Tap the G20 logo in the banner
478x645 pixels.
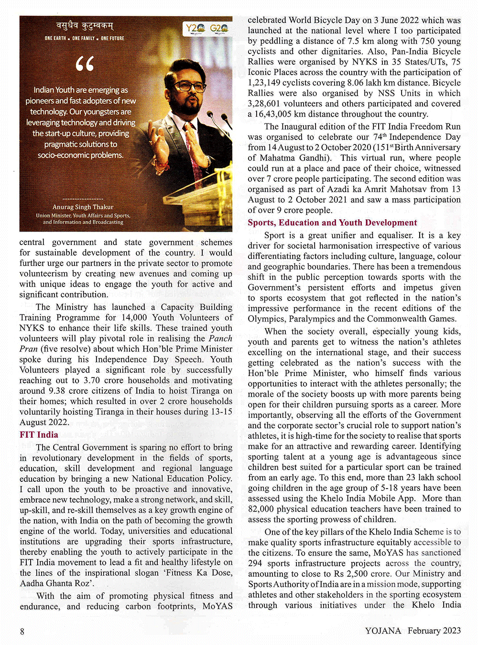[x=219, y=28]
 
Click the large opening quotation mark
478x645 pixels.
[x=85, y=64]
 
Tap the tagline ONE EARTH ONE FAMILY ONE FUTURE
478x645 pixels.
[x=85, y=38]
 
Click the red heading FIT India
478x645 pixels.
[x=39, y=434]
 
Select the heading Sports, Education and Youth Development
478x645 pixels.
[x=332, y=222]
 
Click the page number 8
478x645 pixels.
[x=22, y=631]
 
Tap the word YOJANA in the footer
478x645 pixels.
[x=383, y=630]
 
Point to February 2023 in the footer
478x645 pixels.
[x=434, y=630]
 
